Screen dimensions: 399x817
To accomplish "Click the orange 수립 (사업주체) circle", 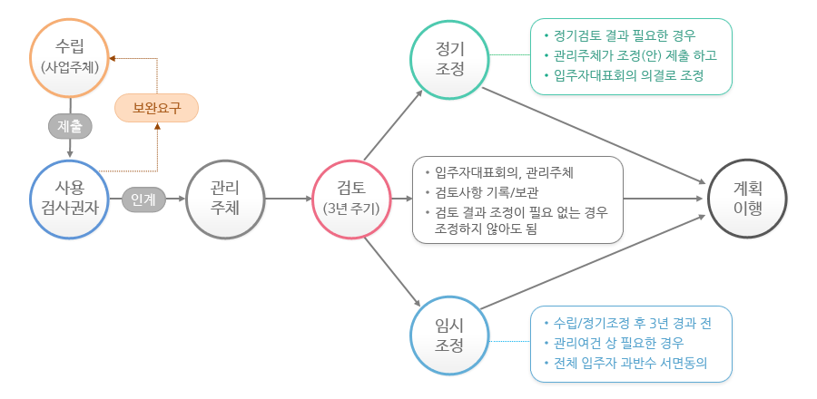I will (x=70, y=55).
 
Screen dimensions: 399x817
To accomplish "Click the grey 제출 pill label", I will (x=70, y=126).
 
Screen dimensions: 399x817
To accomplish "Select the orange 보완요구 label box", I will (x=156, y=109).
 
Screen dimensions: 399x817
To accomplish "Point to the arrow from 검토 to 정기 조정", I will (x=393, y=123).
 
